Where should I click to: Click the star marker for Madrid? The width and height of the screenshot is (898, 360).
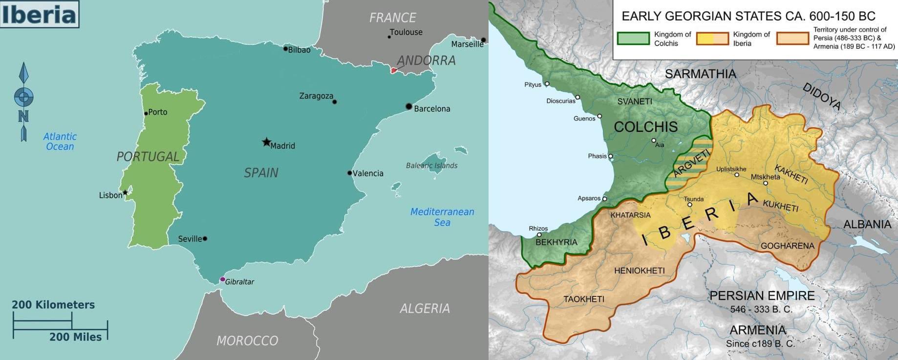(x=266, y=142)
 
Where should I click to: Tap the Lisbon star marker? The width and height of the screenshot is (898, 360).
(x=125, y=192)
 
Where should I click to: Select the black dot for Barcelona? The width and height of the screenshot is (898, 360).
(x=409, y=106)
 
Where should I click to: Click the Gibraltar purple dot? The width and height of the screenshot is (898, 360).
(x=222, y=279)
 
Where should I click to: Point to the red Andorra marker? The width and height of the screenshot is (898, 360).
(x=394, y=70)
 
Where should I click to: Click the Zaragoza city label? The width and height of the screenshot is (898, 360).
(x=316, y=96)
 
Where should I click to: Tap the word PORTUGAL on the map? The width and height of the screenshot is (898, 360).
(x=148, y=156)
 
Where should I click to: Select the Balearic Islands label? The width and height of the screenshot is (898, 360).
(x=431, y=166)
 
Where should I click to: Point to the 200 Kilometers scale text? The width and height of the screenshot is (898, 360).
(x=53, y=305)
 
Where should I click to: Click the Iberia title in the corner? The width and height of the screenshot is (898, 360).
(x=39, y=14)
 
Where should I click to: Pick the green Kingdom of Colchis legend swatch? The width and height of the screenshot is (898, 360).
(x=633, y=39)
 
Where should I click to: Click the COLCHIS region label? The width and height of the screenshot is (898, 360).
(x=645, y=127)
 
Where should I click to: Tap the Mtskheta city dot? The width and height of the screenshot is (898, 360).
(x=765, y=184)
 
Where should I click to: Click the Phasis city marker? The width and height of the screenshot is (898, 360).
(x=610, y=156)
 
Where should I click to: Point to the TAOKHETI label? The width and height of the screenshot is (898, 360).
(x=583, y=299)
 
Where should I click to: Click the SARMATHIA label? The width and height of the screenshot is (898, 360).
(x=700, y=74)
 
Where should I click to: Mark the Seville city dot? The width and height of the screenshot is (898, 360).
(x=205, y=239)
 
